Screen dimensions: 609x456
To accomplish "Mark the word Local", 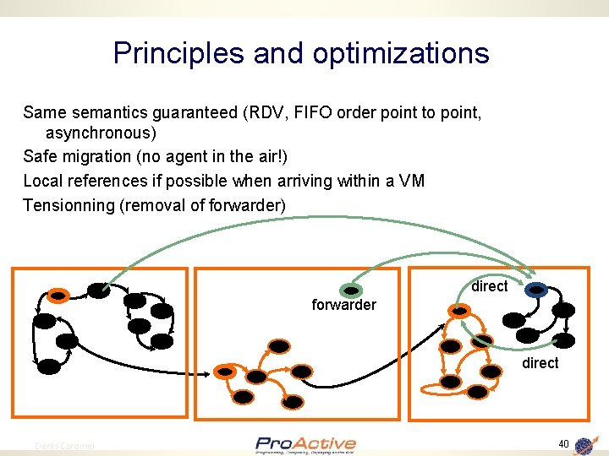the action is click(x=42, y=181).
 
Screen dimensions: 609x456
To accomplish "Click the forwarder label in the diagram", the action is click(x=343, y=305).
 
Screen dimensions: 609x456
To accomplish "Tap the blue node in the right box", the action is click(x=536, y=290).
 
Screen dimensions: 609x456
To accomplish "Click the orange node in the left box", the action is click(x=58, y=296).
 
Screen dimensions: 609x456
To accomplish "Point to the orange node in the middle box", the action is click(x=225, y=372).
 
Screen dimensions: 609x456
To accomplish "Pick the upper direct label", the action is click(x=489, y=286).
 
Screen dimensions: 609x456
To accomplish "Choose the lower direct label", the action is click(x=540, y=363).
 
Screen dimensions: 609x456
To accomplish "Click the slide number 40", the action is click(x=563, y=444).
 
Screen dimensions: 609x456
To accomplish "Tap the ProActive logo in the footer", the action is click(x=305, y=444).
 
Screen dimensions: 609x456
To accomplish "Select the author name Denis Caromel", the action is click(x=65, y=446).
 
